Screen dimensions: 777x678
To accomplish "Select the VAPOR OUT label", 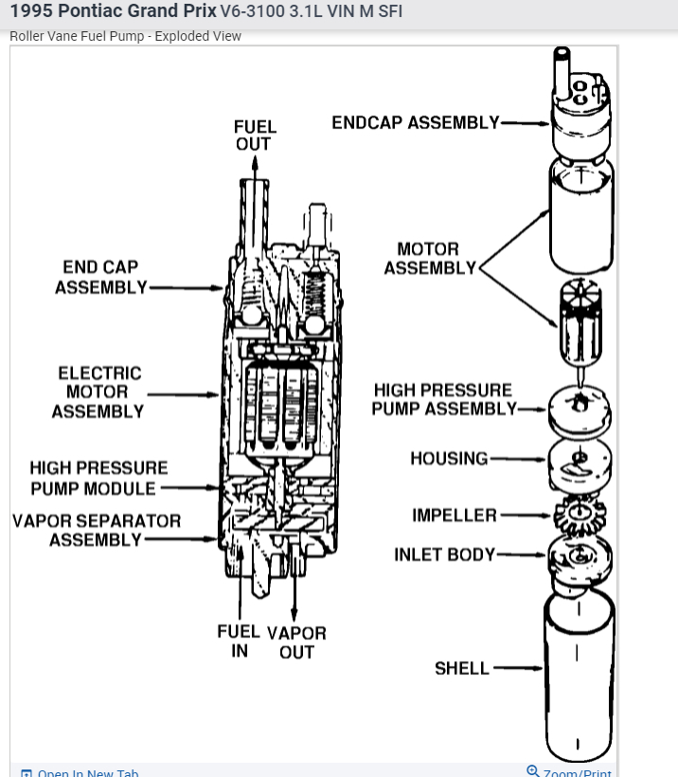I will (296, 641).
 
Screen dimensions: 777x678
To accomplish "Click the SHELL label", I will (461, 668).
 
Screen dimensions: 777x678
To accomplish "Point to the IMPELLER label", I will (454, 515).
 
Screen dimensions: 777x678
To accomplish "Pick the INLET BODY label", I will (444, 554).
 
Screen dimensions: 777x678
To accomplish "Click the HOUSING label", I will (449, 459).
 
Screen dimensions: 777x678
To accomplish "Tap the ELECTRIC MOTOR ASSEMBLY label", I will (98, 392).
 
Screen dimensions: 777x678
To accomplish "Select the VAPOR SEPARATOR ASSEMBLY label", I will (96, 530).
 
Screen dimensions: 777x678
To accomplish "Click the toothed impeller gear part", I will (579, 515).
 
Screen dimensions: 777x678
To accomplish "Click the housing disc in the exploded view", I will (579, 461).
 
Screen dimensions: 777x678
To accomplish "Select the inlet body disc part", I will (579, 557).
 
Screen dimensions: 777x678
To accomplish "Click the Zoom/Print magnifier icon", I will (533, 771).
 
